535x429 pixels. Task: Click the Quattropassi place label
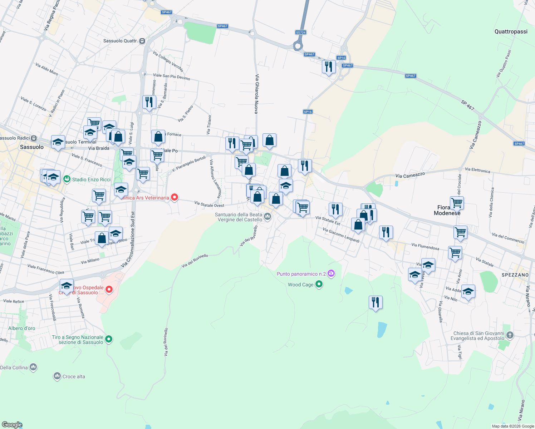[x=511, y=31]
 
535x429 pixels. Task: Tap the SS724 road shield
[x=301, y=33]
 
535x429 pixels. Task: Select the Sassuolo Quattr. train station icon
[x=142, y=41]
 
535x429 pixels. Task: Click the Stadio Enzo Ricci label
[x=91, y=179]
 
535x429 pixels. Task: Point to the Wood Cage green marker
[x=319, y=285]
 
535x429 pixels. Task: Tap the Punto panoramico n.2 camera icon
[x=331, y=274]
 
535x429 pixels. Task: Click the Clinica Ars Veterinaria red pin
[x=175, y=197]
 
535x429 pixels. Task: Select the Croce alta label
[x=74, y=376]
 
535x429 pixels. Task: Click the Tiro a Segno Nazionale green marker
[x=109, y=339]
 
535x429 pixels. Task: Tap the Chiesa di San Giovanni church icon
[x=510, y=335]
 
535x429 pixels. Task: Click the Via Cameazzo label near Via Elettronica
[x=410, y=175]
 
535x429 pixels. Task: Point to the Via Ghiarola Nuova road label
[x=256, y=94]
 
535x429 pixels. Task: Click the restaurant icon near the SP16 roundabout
[x=328, y=66]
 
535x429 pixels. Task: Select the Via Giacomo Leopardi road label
[x=341, y=235]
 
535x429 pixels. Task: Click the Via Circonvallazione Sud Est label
[x=129, y=239]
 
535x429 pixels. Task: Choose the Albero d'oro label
[x=22, y=328]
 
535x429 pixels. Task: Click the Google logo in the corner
[x=12, y=425]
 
